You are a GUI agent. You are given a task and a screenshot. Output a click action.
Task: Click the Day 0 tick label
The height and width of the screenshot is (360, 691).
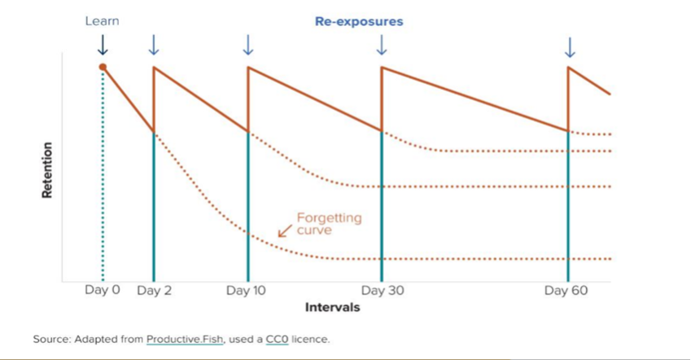[102, 291]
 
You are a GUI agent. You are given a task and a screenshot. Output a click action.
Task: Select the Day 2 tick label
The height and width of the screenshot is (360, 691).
[153, 291]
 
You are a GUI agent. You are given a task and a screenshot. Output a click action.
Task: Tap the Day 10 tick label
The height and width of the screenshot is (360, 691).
[247, 291]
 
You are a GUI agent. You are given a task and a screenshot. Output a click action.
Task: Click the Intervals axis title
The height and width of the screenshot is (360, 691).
[332, 308]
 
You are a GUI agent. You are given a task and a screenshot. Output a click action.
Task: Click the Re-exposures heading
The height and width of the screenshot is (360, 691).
[358, 21]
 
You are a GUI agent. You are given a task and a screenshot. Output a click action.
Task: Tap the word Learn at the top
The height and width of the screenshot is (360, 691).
[102, 20]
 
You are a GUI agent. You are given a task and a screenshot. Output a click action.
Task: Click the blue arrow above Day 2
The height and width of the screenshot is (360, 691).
[153, 46]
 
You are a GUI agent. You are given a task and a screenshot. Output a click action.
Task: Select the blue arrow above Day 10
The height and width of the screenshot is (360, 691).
[247, 46]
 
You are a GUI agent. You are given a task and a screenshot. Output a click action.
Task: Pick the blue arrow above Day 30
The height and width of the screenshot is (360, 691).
[382, 46]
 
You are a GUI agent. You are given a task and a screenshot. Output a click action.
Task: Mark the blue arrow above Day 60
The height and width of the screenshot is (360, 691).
[570, 47]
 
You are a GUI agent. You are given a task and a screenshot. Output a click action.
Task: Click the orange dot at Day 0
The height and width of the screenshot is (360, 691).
[103, 67]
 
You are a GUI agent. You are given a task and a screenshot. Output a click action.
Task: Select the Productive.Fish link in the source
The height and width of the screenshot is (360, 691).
[181, 339]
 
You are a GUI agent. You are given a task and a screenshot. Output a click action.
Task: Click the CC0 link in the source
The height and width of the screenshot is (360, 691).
[276, 339]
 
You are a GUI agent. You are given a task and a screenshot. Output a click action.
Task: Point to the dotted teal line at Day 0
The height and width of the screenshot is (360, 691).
[103, 179]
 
